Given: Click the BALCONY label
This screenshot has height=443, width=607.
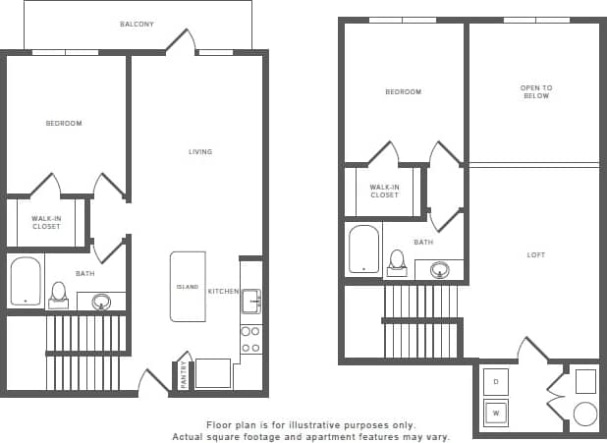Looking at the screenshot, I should point(137,24).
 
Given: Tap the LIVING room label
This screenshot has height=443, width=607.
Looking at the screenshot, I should point(200,151).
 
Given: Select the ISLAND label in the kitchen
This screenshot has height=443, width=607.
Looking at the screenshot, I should point(188,287).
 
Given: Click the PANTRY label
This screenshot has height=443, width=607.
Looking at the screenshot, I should point(183,376).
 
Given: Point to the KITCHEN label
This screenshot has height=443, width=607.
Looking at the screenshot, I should point(221,292).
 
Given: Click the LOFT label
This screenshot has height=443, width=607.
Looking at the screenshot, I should point(535,254).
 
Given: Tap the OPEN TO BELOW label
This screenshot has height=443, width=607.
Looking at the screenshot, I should point(535,92).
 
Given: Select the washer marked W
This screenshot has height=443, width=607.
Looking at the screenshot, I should point(496,413).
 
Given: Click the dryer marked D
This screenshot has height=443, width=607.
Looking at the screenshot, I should point(496,381).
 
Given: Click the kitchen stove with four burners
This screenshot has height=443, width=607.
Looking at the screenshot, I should point(250,339).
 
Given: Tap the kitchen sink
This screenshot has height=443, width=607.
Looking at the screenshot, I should point(250,301).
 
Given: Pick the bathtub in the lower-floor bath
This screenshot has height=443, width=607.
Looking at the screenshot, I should point(26,281).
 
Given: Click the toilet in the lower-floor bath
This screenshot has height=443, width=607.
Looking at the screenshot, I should point(59,294).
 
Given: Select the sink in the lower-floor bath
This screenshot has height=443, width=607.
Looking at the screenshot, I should point(101,302).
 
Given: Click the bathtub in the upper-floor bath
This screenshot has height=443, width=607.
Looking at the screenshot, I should point(363,249).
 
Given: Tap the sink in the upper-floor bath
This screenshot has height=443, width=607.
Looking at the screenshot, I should point(440,269).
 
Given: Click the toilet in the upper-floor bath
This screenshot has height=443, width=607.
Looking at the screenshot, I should point(397,261).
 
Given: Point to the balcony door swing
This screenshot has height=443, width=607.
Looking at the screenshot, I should point(180,41).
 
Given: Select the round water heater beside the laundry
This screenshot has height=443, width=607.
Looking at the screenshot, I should point(585,414).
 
